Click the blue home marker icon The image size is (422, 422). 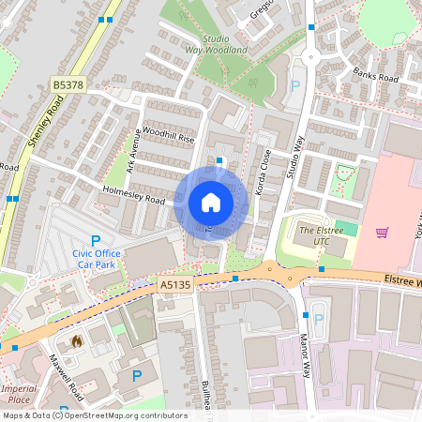pos(211,202)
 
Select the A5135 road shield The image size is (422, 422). pos(175,283)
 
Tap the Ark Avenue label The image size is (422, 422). pos(133,152)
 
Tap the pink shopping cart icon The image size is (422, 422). pos(382,232)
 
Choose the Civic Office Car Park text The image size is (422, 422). pos(97,258)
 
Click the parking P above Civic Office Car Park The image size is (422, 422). pos(96,241)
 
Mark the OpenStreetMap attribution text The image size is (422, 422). pos(94,414)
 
